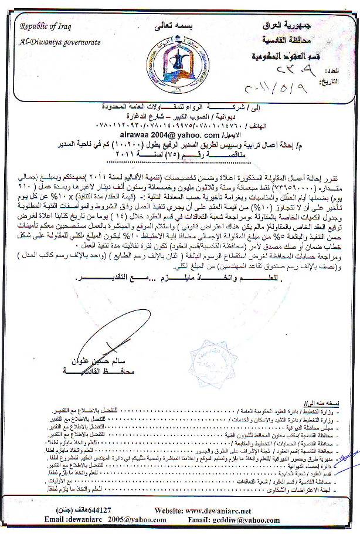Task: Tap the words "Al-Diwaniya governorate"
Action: (60, 42)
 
